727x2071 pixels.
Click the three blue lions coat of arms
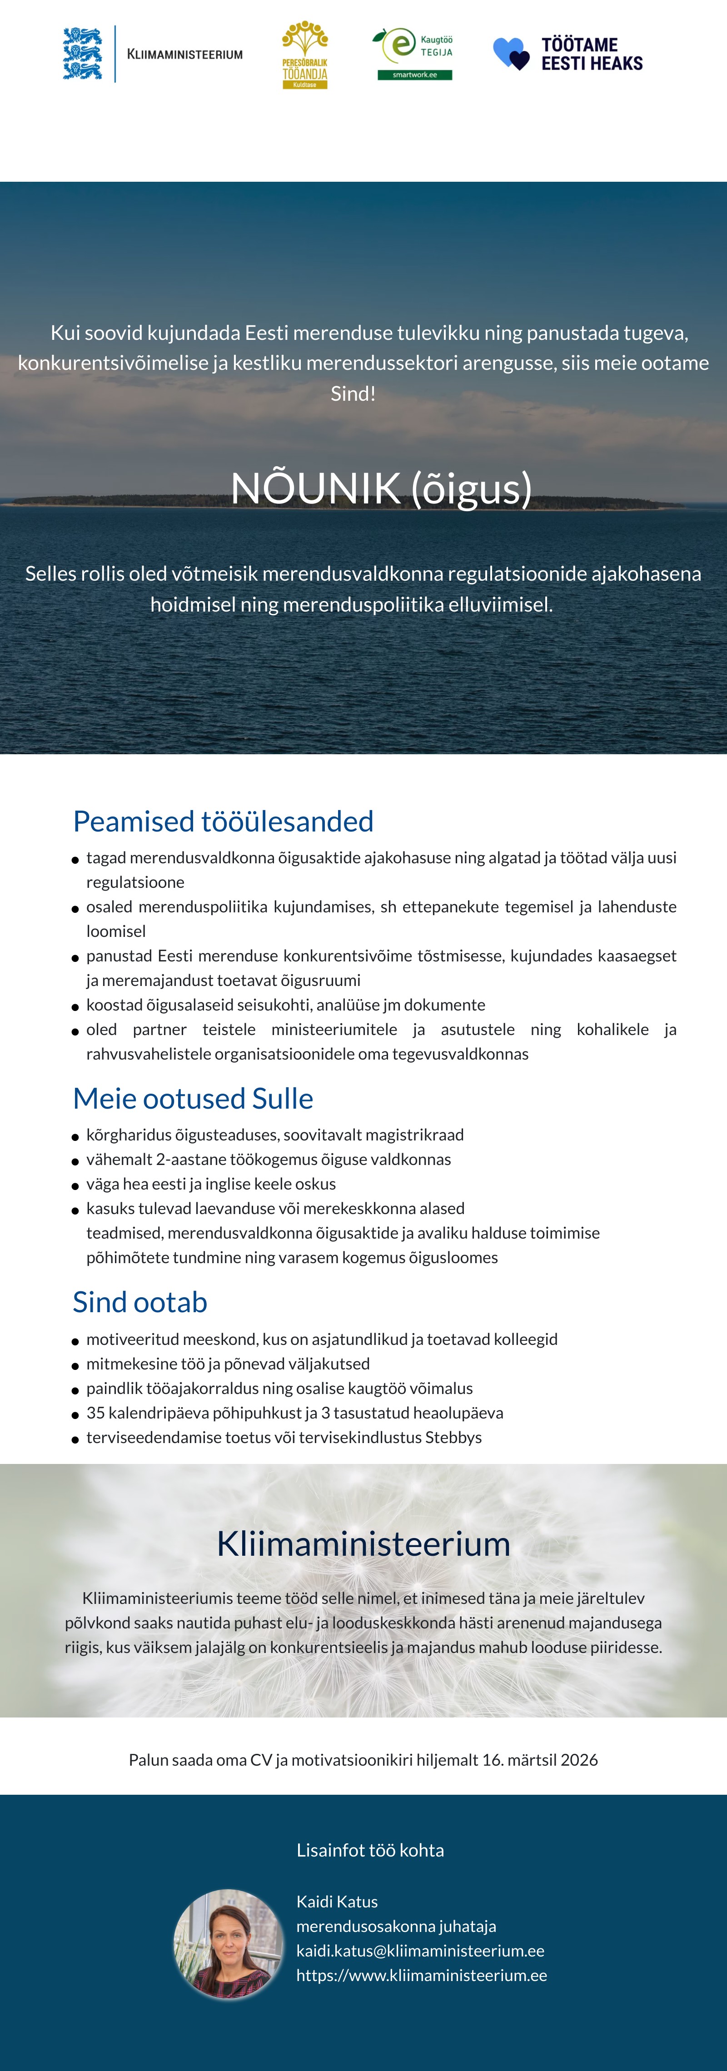[83, 54]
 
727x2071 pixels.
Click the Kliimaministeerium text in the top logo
[185, 55]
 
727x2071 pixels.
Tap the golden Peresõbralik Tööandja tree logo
[305, 54]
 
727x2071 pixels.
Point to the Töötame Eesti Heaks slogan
[592, 54]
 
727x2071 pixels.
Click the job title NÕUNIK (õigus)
[381, 488]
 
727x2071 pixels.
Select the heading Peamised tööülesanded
[223, 821]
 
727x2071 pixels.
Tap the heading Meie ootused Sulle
[193, 1098]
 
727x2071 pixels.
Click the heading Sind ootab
[140, 1302]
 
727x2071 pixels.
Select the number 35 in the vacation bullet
[96, 1413]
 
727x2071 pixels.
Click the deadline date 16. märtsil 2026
[540, 1760]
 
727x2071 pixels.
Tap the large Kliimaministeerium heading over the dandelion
[363, 1543]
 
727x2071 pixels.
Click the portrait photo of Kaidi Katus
[229, 1943]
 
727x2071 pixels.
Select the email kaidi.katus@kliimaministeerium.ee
[420, 1951]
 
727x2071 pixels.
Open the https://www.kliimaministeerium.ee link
[421, 1975]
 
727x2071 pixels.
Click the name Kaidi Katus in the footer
[337, 1902]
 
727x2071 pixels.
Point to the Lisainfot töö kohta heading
[370, 1850]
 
